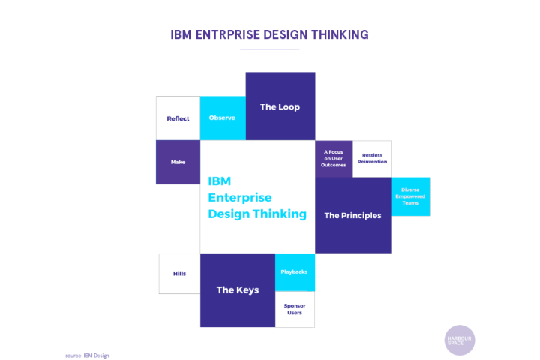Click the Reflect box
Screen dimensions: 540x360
tap(178, 118)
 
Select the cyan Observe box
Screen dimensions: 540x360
tap(223, 118)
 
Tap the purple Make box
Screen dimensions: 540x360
tap(178, 162)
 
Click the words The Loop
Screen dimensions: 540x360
tap(280, 106)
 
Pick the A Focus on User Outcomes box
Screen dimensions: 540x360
tap(334, 159)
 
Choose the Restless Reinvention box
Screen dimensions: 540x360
tap(372, 159)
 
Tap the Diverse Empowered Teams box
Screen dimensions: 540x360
tap(410, 196)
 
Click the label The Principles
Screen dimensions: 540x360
tap(352, 216)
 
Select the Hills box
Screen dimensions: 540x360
tap(179, 274)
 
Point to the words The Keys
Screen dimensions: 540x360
tap(238, 290)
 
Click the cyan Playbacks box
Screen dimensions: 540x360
tap(295, 272)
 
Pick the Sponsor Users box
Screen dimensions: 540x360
tap(295, 309)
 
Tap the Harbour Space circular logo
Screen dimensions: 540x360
tap(460, 340)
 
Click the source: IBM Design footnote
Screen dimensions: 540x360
tap(87, 355)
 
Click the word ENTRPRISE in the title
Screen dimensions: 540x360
tap(228, 34)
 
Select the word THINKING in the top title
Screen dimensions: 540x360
tap(340, 34)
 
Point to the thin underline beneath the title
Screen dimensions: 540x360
tap(270, 49)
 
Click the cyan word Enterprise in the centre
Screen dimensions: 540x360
tap(240, 198)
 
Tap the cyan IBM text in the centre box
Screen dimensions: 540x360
tap(220, 181)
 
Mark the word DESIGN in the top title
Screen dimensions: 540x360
tap(286, 34)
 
